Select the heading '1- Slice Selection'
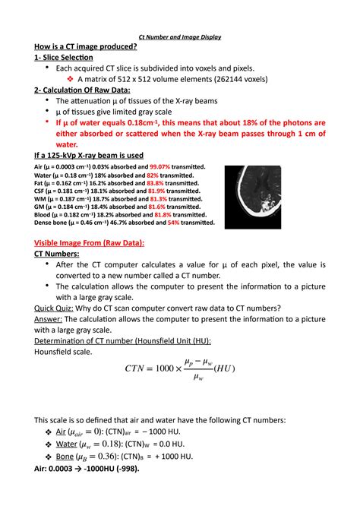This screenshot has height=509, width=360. [x=63, y=58]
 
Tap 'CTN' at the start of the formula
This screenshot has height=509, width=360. [x=137, y=368]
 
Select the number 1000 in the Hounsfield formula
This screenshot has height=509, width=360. [x=164, y=368]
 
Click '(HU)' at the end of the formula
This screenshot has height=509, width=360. [x=225, y=368]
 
